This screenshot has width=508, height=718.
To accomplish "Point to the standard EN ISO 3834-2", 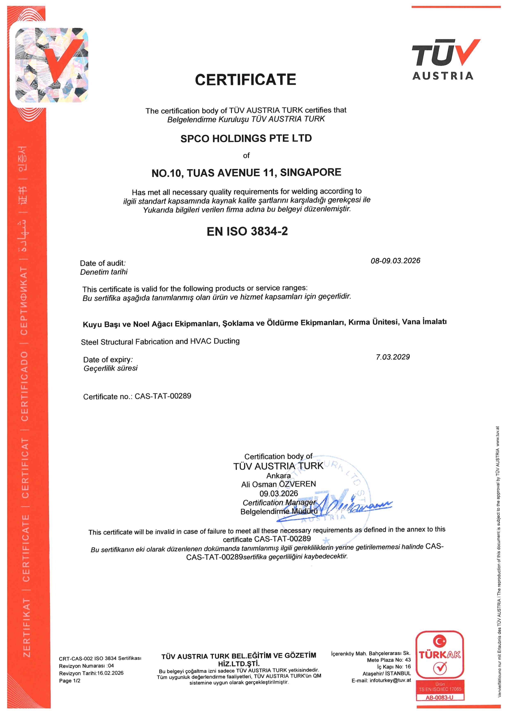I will pos(247,231).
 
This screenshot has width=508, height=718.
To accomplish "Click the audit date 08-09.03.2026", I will pos(395,261).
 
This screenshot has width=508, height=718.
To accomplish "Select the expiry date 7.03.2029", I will pos(393,357).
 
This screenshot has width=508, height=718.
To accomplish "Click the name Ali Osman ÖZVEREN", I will pos(278,484).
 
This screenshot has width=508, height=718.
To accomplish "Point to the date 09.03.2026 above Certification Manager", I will pos(278,493).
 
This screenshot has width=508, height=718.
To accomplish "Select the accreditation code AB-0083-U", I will pos(440,697).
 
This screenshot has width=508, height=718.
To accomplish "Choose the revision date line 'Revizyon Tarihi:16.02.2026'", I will pos(91,673).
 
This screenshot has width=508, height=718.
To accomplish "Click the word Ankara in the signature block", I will pos(278,475).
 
